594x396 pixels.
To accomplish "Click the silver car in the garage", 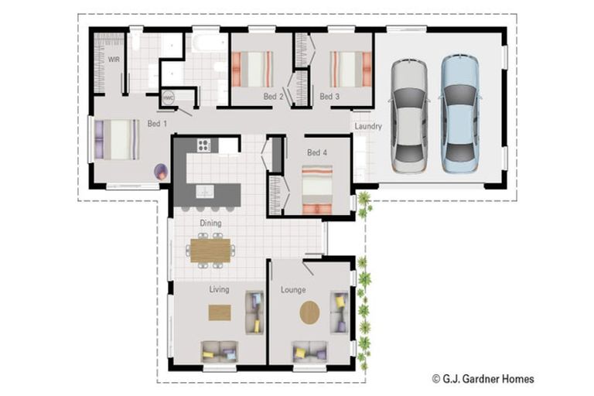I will (409, 115).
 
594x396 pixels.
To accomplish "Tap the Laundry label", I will (368, 126).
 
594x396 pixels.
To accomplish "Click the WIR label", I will (114, 60).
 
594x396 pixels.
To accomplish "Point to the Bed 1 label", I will (157, 124).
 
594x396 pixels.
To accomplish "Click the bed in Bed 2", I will (253, 69).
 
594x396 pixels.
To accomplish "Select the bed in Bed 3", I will (346, 69).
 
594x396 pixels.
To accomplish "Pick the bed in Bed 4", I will (316, 189).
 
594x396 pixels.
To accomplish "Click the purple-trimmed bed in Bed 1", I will (116, 139).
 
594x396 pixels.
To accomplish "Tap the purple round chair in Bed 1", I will (161, 172).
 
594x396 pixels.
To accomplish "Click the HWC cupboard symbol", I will (169, 98).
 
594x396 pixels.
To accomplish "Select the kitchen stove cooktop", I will (205, 145).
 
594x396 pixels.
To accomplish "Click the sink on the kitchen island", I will (205, 191).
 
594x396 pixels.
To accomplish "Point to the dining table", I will (210, 250).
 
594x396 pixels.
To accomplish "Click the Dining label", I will (210, 224).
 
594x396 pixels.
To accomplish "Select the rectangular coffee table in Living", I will (220, 312).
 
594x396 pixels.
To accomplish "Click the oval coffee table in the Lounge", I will (309, 312).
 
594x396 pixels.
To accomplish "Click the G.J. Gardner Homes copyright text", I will (483, 379).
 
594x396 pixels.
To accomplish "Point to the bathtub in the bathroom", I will (207, 41).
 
